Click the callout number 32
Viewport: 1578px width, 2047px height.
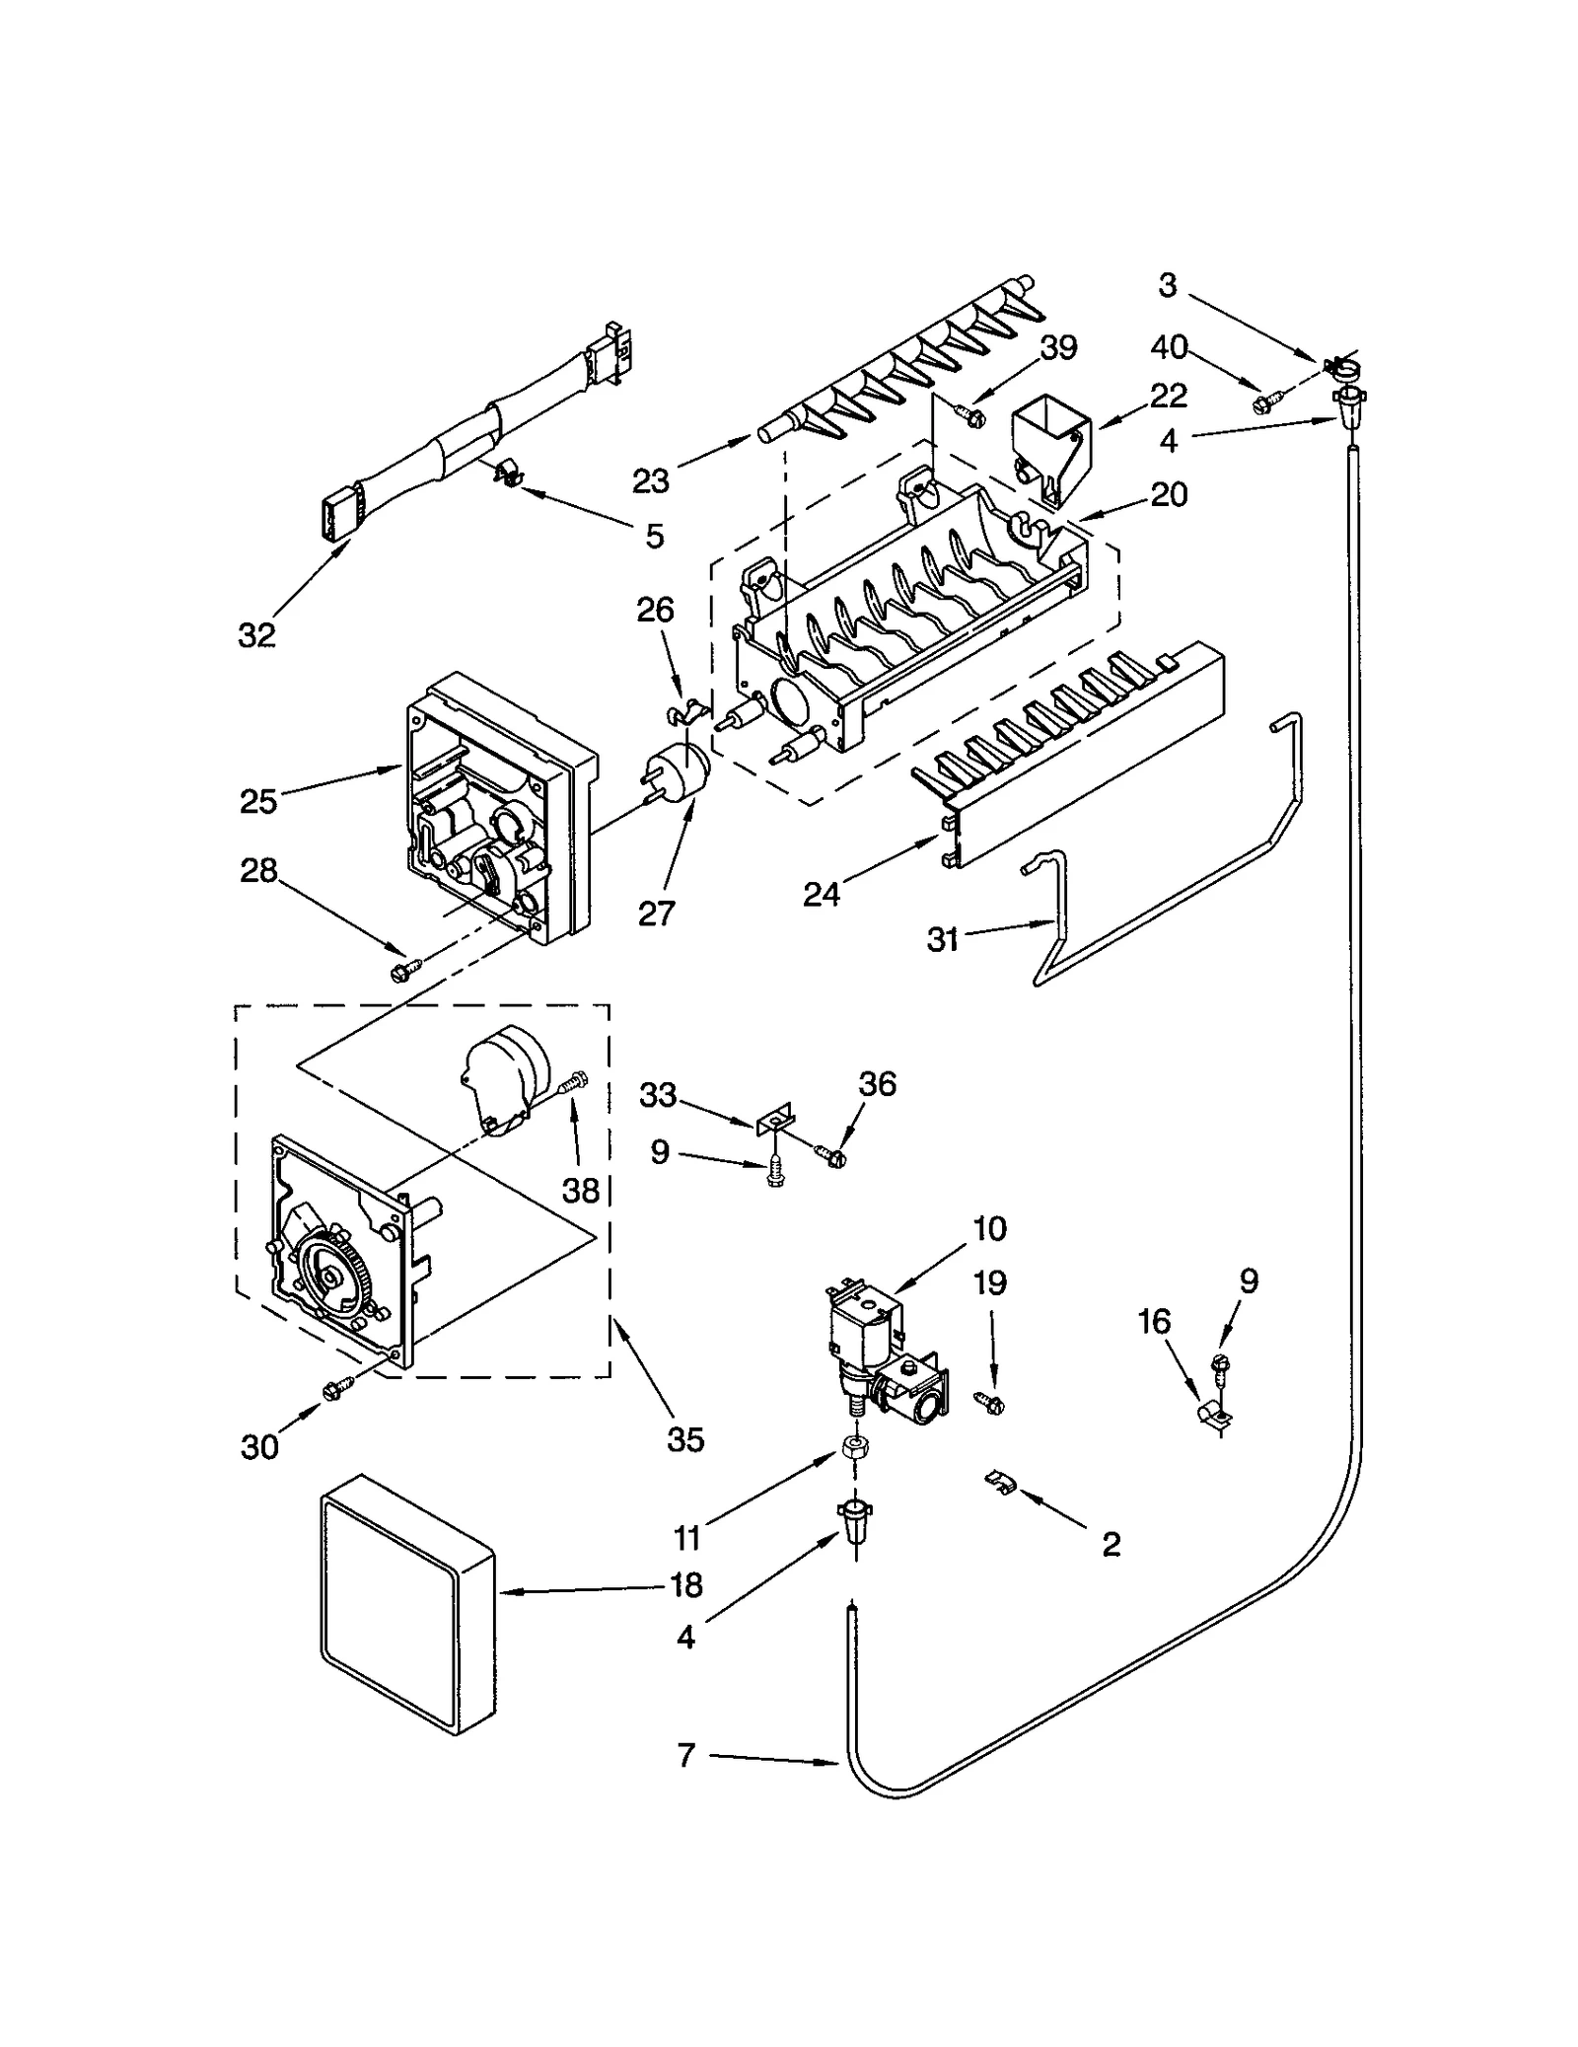coord(256,635)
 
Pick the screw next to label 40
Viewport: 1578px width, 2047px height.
coord(1265,402)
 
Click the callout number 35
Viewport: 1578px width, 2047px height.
coord(684,1439)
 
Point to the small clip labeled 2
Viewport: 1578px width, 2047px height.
coord(999,1482)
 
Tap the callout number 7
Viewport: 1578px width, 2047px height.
coord(686,1755)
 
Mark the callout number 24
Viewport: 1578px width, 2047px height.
coord(821,894)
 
